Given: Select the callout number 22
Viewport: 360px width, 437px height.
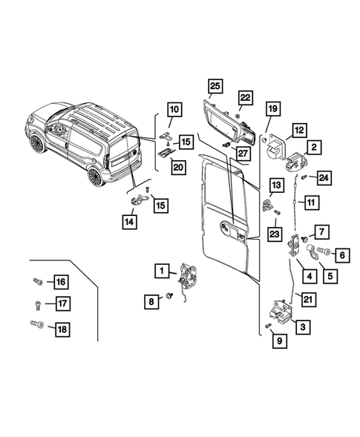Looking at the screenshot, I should coord(246,98).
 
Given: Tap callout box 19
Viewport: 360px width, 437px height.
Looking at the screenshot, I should coord(272,110).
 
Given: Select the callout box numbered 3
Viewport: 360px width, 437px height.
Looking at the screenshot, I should coord(303,325).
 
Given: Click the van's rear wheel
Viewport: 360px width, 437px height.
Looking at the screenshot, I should coord(94,176).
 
